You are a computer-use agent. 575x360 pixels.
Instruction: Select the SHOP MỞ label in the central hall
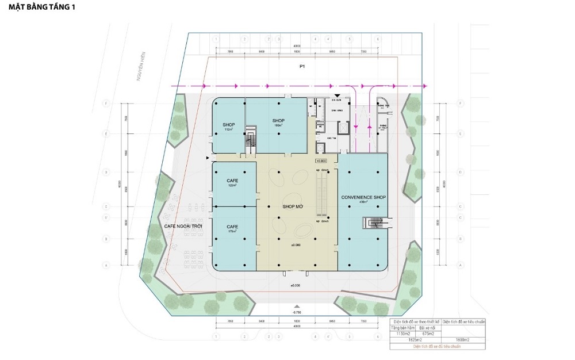point(293,206)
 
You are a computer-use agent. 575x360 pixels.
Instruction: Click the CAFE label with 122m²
point(233,182)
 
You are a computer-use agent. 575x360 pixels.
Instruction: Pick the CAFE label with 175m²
point(233,229)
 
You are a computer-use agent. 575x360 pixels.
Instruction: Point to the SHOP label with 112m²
point(229,126)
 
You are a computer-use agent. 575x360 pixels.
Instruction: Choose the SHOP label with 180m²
point(279,122)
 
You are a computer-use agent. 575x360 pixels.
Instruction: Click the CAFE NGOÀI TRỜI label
point(185,226)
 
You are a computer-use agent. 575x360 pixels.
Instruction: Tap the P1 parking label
point(302,67)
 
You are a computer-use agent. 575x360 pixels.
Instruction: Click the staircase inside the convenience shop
point(373,223)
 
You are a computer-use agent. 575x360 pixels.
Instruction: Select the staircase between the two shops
point(250,139)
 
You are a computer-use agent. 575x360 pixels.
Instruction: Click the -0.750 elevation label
point(296,312)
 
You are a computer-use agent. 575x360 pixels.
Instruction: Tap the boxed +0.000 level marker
point(321,161)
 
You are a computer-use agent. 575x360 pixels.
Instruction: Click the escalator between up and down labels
point(321,195)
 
